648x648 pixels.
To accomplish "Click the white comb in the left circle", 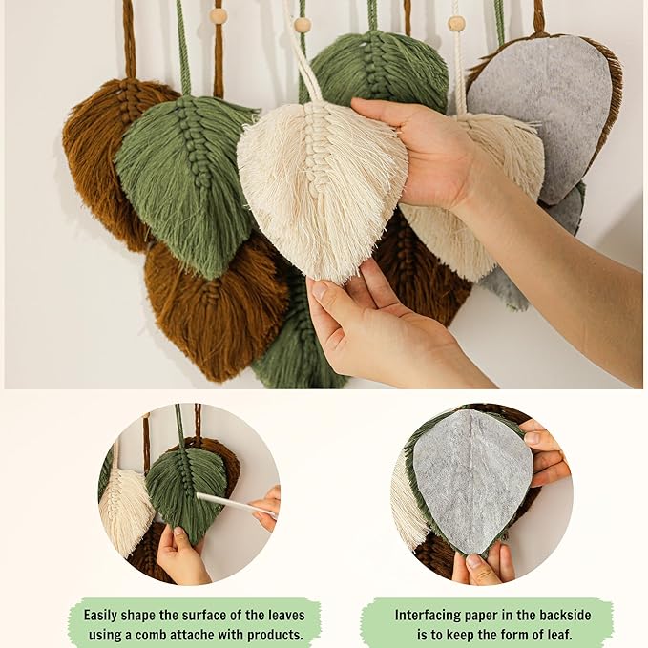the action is click(237, 504).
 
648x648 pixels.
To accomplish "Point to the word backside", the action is click(561, 615).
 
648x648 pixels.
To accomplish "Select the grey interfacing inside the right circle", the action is click(472, 479).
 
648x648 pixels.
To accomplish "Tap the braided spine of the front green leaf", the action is click(194, 145).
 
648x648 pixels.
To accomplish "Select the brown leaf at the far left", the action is click(108, 161).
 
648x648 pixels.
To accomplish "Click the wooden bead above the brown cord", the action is click(219, 16).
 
